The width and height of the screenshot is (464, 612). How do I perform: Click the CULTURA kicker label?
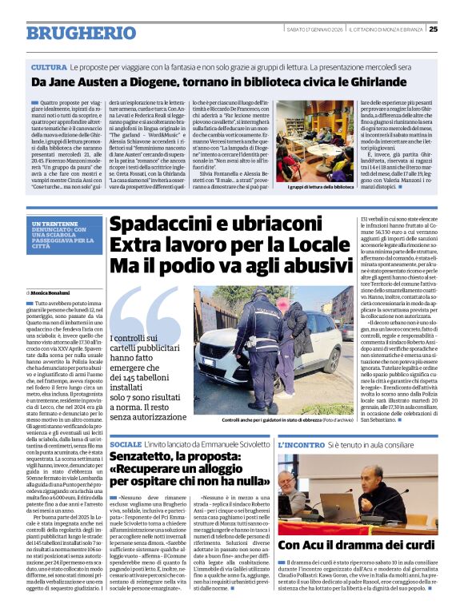50,66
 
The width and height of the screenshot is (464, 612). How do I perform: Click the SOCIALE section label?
126,443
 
